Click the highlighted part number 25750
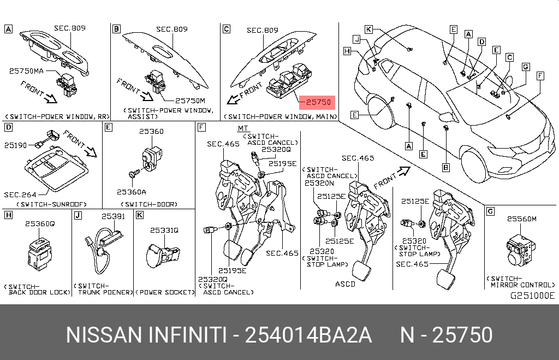click(318, 102)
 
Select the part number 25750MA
click(26, 71)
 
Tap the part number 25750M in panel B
click(190, 101)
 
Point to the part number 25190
click(15, 145)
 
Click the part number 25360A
click(132, 192)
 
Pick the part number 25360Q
click(40, 224)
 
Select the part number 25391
click(113, 216)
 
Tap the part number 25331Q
click(164, 231)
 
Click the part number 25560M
click(521, 219)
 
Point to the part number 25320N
click(319, 183)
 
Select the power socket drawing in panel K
click(163, 255)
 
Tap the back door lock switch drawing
click(40, 253)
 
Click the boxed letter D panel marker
click(9, 127)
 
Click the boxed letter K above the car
click(368, 29)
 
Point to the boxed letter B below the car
click(445, 167)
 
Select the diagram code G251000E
click(532, 296)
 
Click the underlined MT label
click(243, 128)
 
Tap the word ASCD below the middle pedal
click(345, 285)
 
